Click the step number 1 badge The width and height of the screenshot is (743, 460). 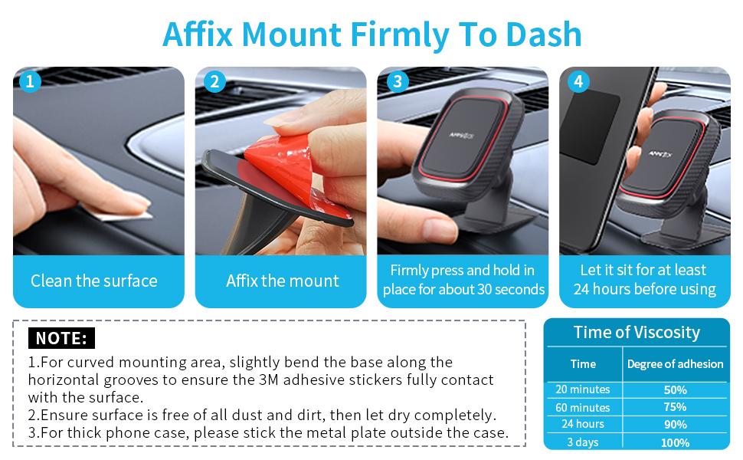click(30, 81)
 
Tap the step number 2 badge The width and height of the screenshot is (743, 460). click(214, 81)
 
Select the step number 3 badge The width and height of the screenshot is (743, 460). click(398, 81)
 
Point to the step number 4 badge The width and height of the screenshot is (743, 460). click(578, 81)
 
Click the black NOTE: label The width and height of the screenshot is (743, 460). click(61, 338)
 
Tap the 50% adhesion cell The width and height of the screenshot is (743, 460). click(676, 389)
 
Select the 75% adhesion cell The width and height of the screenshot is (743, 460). click(676, 407)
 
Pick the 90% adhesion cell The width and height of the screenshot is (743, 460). click(676, 425)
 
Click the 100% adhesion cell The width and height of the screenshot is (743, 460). click(676, 442)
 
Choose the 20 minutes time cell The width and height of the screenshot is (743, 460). click(583, 389)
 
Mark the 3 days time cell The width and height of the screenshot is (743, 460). click(583, 442)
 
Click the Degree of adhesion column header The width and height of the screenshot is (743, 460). click(676, 363)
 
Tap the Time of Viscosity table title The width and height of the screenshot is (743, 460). click(637, 333)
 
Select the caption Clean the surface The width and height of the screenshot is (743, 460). click(93, 281)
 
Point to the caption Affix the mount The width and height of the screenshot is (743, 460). click(283, 281)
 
